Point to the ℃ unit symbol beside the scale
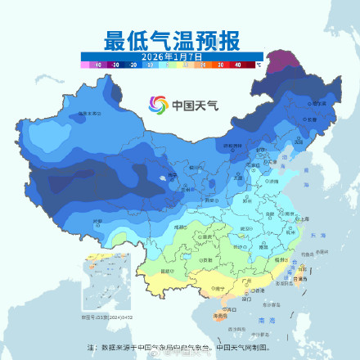(259, 63)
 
